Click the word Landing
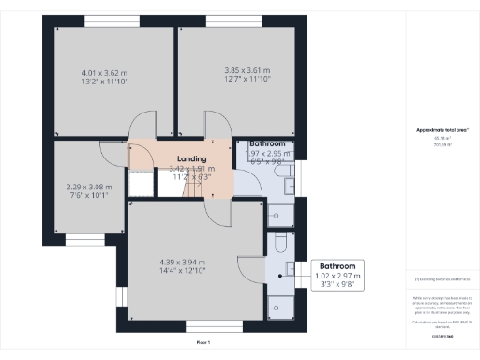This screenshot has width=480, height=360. [x=191, y=159]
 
